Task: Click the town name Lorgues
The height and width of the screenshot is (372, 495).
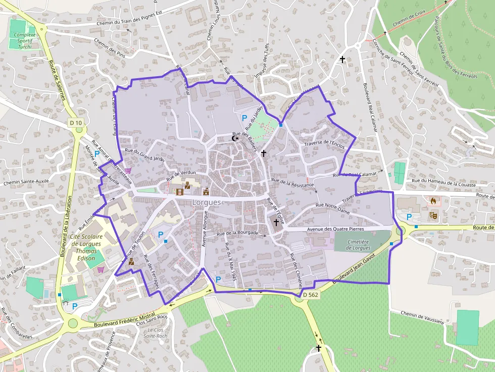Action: [207, 202]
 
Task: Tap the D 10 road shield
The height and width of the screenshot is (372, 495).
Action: [76, 123]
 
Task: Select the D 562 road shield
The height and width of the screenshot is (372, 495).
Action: [311, 295]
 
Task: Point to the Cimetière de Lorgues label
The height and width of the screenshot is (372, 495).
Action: [358, 245]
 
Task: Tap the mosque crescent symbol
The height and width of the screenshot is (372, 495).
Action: [234, 138]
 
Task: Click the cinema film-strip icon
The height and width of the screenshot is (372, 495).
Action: [179, 191]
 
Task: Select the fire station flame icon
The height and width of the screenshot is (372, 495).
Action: [433, 200]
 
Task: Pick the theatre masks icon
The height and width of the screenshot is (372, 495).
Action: [433, 215]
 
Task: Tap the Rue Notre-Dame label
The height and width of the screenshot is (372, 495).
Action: [332, 208]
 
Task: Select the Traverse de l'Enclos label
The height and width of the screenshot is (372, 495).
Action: [324, 144]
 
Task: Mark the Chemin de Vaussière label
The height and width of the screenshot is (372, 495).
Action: [422, 317]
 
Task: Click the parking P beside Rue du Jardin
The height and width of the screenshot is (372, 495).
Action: [244, 118]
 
